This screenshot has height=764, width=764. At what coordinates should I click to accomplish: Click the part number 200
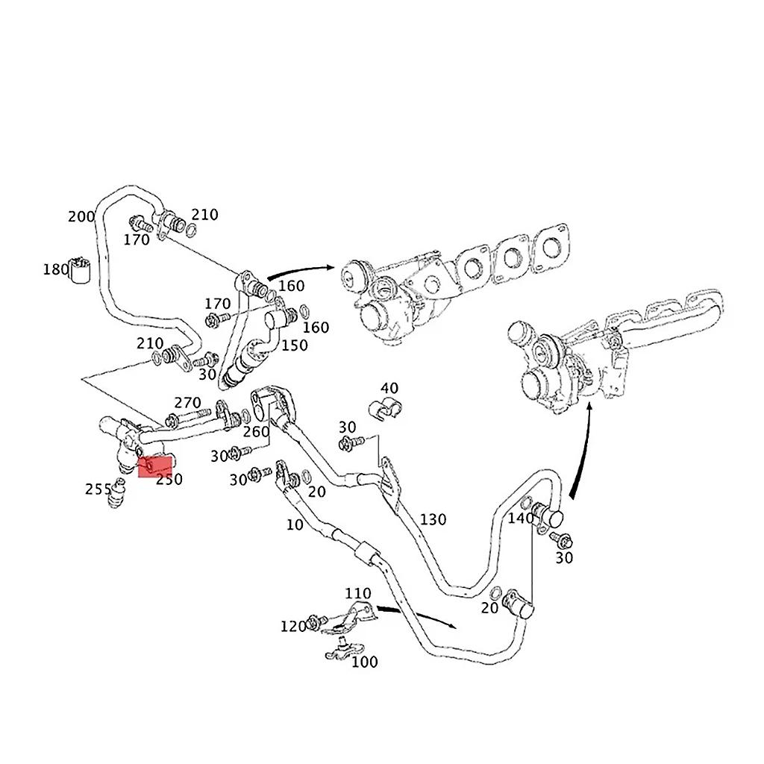(x=81, y=217)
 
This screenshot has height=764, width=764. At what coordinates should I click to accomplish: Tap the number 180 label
(x=56, y=269)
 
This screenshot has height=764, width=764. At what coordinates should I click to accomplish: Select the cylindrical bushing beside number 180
(x=80, y=271)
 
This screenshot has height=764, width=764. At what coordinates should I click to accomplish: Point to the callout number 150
(x=293, y=345)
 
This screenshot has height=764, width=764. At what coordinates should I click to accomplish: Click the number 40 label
(x=389, y=388)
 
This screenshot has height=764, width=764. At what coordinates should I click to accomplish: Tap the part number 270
(x=187, y=403)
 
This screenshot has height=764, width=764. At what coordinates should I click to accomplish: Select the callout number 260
(x=256, y=432)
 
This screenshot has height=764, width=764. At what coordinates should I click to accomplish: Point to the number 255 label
(x=98, y=489)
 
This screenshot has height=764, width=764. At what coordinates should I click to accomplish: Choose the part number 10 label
(x=295, y=525)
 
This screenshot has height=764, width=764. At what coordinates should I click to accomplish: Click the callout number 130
(x=433, y=519)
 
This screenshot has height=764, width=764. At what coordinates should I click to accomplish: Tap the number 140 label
(x=521, y=518)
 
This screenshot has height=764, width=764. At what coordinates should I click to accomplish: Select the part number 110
(x=357, y=593)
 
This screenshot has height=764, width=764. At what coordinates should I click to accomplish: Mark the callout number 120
(x=293, y=626)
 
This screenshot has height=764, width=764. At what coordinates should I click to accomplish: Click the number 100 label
(x=364, y=662)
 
